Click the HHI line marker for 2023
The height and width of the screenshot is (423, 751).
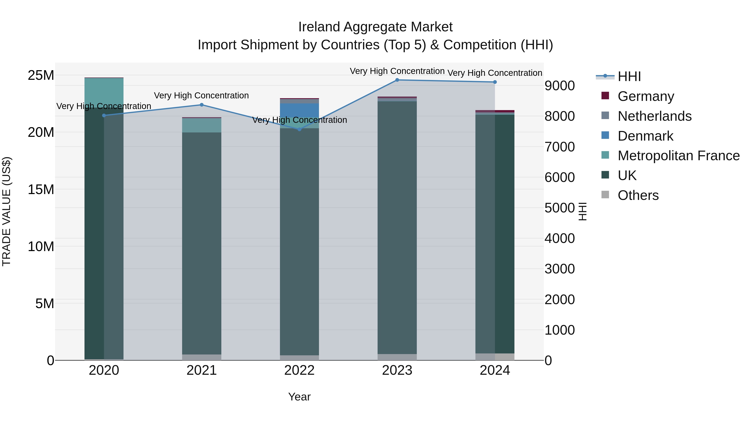coord(397,80)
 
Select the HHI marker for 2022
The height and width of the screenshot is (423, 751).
coord(299,129)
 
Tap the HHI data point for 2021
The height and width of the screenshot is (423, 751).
coord(202,105)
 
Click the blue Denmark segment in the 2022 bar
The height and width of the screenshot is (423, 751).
coord(299,110)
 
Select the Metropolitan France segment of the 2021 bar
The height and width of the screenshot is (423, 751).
coord(202,125)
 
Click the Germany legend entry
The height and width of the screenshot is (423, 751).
coord(645,96)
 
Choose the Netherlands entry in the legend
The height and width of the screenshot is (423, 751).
coord(654,116)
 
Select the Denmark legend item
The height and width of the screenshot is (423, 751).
coord(645,136)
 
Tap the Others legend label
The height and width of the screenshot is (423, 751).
coord(638,195)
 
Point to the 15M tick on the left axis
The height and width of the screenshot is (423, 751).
coord(41,189)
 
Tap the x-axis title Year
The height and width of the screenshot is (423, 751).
coord(299,397)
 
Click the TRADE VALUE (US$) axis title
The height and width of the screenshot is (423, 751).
coord(6,211)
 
